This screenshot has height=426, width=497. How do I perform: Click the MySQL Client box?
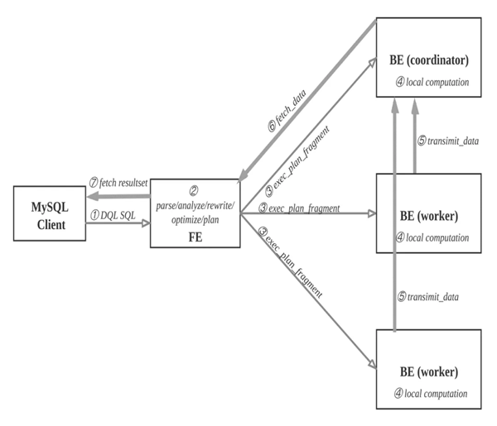point(51,213)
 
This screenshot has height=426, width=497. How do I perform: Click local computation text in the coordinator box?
point(434,83)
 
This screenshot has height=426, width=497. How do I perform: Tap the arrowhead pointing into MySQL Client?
point(93,196)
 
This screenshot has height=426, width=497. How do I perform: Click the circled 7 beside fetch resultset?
point(94,183)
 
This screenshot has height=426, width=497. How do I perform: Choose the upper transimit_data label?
point(449,141)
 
